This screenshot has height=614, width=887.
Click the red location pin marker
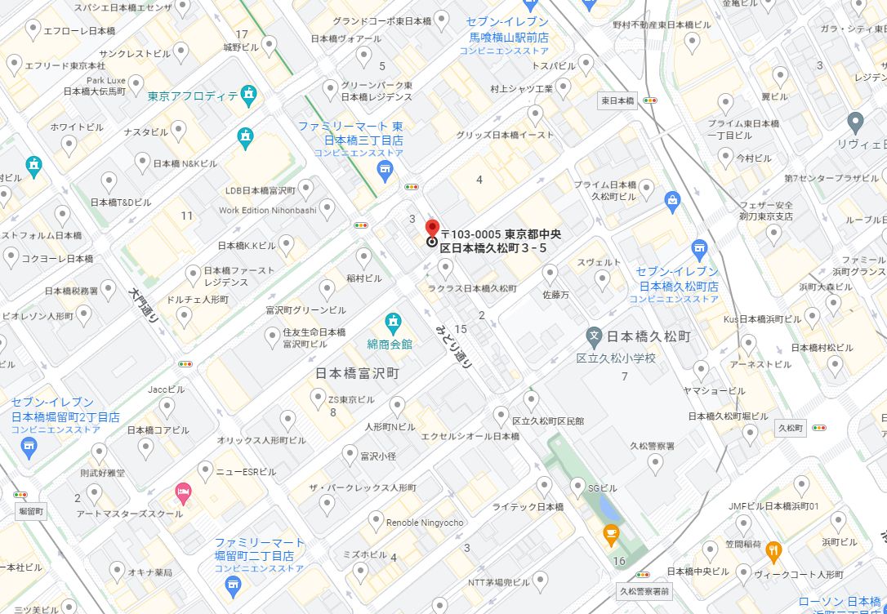pyautogui.click(x=433, y=228)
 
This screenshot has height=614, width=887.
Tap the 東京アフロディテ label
pyautogui.click(x=193, y=96)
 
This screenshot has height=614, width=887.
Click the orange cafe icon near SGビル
pyautogui.click(x=610, y=534)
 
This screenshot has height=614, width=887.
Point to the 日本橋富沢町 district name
pyautogui.click(x=357, y=373)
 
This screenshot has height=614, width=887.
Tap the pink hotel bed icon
pyautogui.click(x=184, y=492)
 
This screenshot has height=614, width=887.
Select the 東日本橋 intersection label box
pyautogui.click(x=617, y=100)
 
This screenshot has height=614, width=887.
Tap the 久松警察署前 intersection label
pyautogui.click(x=644, y=591)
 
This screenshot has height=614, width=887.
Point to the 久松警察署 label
pyautogui.click(x=652, y=446)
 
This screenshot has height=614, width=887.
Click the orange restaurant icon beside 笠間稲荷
pyautogui.click(x=773, y=552)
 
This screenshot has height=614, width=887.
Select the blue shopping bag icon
pyautogui.click(x=672, y=201)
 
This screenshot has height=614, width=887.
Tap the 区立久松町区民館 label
pyautogui.click(x=548, y=421)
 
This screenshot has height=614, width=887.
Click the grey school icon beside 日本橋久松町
pyautogui.click(x=595, y=336)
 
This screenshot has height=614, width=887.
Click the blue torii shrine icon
pyautogui.click(x=698, y=248)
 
